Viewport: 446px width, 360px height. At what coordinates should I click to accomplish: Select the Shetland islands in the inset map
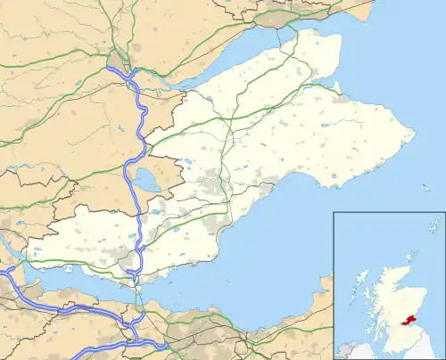(434, 225)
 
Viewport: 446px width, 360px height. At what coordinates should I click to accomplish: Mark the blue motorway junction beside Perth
(117, 70)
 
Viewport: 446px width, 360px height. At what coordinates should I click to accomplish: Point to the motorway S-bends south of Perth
(144, 116)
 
